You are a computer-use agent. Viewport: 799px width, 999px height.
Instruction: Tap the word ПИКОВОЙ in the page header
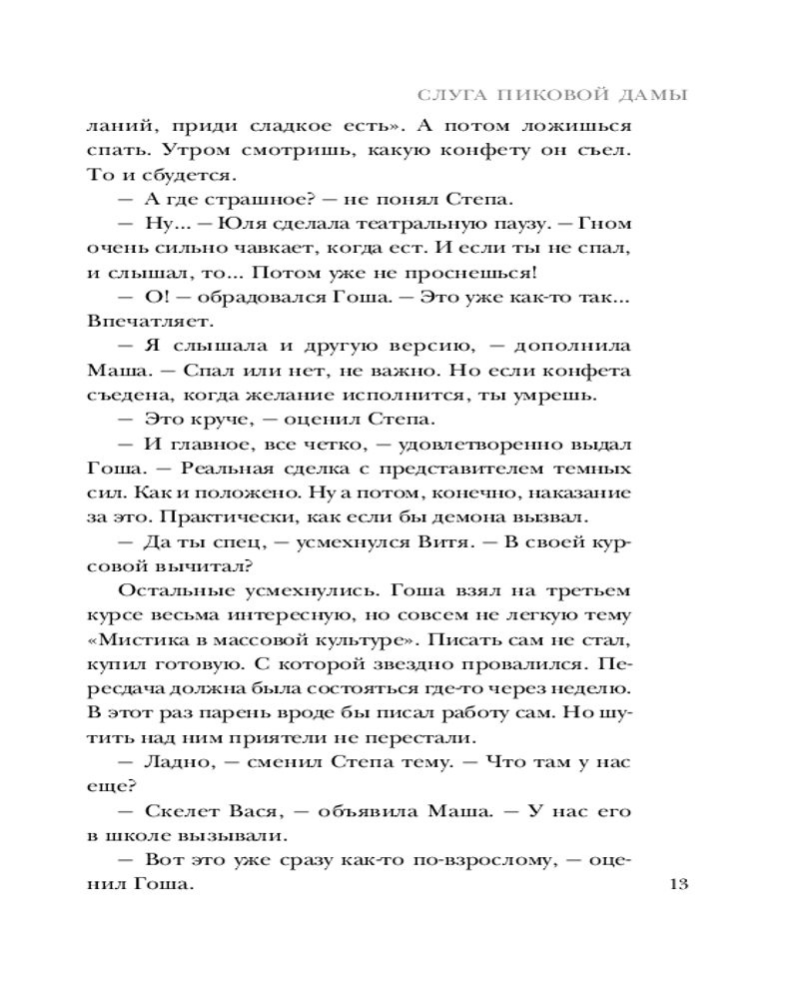click(539, 96)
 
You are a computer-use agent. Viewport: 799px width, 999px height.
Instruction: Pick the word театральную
click(412, 225)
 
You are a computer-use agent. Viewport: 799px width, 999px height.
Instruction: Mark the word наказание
click(581, 493)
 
